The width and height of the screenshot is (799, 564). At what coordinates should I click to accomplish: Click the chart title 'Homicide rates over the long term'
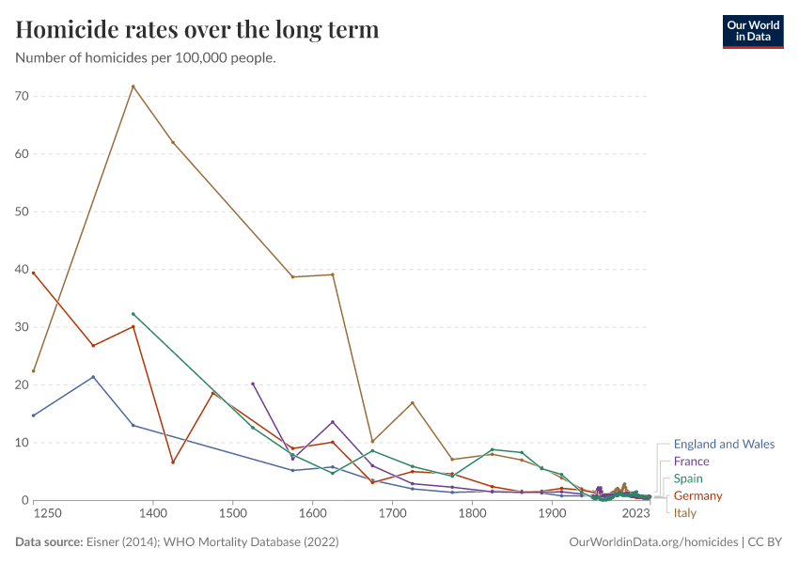(x=197, y=30)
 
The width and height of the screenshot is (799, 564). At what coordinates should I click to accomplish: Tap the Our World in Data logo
(x=752, y=31)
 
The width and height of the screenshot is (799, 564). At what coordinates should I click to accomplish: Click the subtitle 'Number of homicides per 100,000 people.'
(x=146, y=58)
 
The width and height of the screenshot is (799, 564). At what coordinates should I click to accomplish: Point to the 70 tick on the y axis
(x=22, y=96)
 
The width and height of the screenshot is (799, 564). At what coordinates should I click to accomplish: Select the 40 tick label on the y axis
(x=22, y=270)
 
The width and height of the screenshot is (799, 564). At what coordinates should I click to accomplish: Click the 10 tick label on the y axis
(x=22, y=443)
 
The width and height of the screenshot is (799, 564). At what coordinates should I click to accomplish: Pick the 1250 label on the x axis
(x=47, y=514)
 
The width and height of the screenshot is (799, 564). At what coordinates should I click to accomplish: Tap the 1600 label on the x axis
(x=312, y=514)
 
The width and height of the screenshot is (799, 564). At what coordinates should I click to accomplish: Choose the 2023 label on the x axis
(x=636, y=514)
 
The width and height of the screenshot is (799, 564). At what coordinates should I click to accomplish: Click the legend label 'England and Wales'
(x=724, y=445)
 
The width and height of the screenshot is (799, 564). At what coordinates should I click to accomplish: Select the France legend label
(x=691, y=462)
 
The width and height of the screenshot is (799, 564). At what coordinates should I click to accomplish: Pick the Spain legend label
(x=689, y=478)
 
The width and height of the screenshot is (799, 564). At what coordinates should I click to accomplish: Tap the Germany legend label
(x=697, y=495)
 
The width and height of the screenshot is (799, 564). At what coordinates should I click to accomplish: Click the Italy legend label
(x=685, y=513)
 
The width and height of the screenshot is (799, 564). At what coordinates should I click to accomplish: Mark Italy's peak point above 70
(x=133, y=86)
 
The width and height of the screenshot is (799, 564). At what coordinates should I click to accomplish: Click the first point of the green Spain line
(x=133, y=314)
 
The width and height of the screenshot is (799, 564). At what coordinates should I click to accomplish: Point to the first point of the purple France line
(x=253, y=384)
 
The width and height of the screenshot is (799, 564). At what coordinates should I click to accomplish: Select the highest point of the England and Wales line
(x=93, y=377)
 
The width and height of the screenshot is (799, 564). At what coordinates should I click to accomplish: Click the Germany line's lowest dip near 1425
(x=173, y=462)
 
